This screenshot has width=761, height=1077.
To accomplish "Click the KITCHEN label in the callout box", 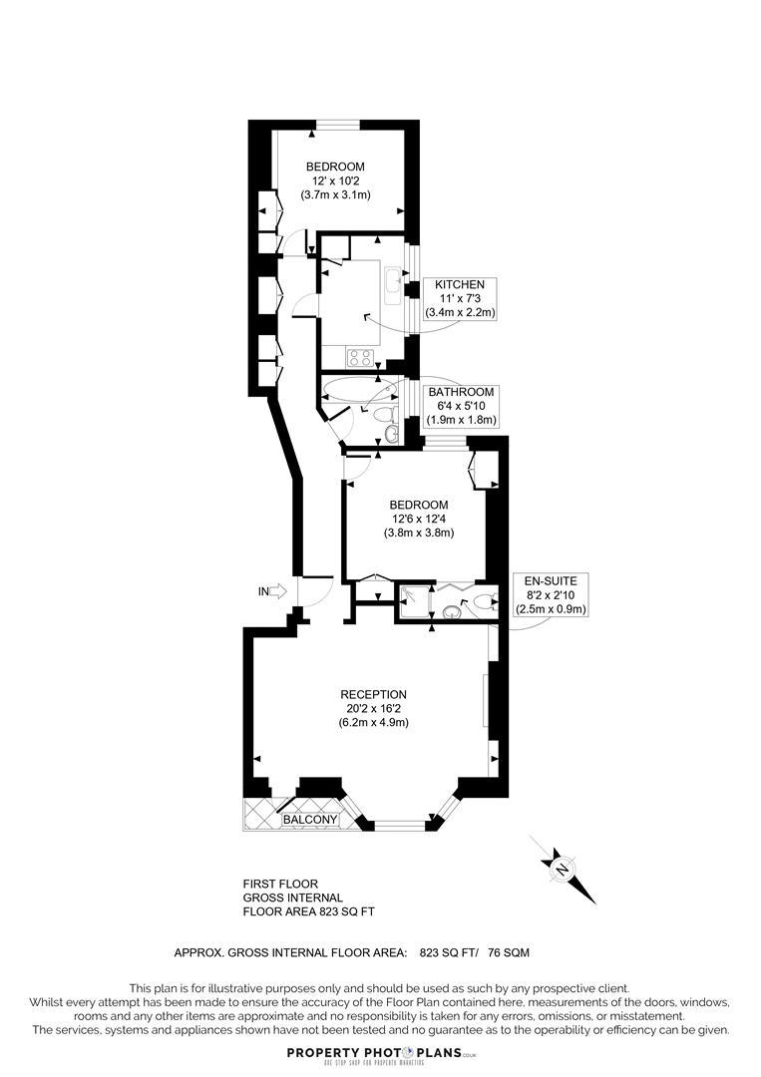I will pos(460,284).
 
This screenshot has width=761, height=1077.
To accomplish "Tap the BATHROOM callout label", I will pos(462,392).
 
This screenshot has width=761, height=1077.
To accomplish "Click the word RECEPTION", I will pos(373,694).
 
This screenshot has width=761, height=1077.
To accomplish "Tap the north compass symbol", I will pos(562,869).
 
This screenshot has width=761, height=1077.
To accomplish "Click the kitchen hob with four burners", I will pos(360,357).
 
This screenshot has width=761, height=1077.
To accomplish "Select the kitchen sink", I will pos(393,284).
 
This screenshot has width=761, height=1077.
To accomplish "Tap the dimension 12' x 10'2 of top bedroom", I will pos(335,180).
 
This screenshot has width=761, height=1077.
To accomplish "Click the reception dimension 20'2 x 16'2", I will pos(373,708).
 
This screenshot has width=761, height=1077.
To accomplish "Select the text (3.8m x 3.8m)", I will pos(419,533).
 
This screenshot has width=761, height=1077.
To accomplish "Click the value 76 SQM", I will pos(509,952).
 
